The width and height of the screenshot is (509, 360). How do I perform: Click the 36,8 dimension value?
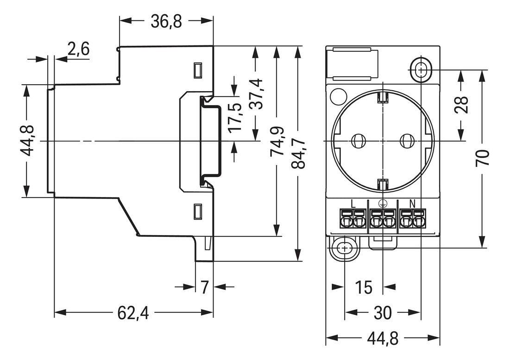point(166,21)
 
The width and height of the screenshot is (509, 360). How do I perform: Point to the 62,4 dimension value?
point(133,313)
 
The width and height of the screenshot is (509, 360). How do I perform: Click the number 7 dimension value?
point(204,287)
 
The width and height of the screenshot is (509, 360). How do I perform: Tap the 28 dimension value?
point(461,105)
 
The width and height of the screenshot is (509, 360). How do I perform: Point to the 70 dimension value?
point(483,159)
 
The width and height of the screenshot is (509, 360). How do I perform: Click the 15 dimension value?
point(364,287)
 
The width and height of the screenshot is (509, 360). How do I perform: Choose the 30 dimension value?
point(383,313)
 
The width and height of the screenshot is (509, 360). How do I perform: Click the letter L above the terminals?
point(353,203)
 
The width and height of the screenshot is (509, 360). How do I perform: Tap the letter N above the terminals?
point(412,203)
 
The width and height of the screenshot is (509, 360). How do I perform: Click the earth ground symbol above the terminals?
point(383,203)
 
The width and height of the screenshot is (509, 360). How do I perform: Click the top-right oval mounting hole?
point(421,70)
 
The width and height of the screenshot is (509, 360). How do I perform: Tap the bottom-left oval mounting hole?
point(345,248)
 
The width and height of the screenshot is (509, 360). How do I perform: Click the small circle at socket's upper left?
point(338,96)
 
